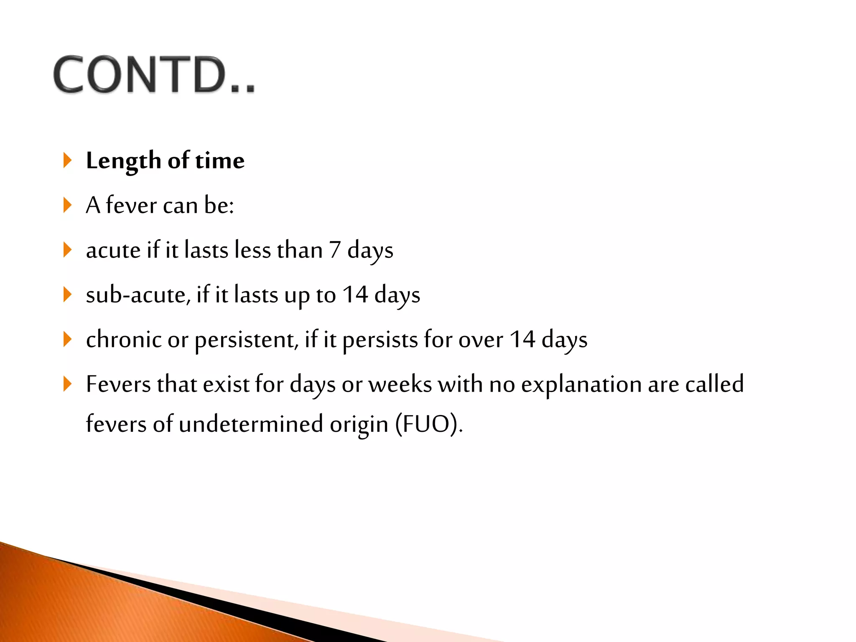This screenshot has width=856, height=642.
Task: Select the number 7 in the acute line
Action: coord(334,250)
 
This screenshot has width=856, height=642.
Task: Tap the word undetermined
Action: coord(251,424)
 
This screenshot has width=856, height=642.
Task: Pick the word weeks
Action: coord(400,384)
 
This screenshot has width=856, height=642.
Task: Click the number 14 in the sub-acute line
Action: coord(355,295)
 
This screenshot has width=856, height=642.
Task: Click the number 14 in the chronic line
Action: coord(522,339)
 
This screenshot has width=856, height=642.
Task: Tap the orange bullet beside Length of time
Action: coord(67,160)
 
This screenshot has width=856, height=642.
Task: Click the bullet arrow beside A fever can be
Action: coord(67,205)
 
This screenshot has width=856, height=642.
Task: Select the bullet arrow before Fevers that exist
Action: coord(67,384)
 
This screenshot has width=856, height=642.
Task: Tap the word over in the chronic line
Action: coord(481,340)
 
